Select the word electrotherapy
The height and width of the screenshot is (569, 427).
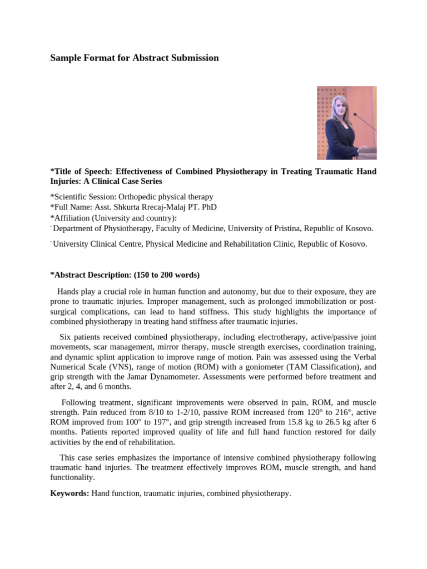(251, 337)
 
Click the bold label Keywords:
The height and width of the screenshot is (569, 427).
(69, 493)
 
